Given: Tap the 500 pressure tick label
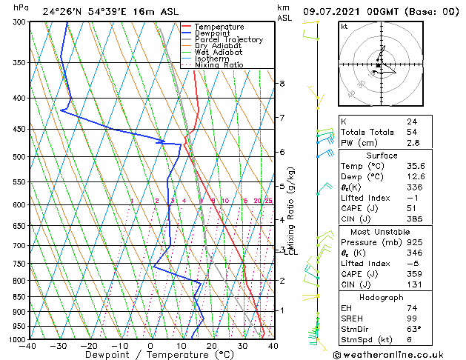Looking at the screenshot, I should (19, 157).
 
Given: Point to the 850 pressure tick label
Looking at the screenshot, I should (19, 297).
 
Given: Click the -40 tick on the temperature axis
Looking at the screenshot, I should (28, 346).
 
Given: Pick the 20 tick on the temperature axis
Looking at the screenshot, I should (212, 346).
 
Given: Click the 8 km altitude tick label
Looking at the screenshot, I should (282, 84).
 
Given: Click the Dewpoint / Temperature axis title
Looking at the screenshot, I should (150, 355).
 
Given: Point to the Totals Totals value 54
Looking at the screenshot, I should (412, 132).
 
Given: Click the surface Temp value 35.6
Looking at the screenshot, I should (416, 167).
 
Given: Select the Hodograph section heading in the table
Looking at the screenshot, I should (382, 297).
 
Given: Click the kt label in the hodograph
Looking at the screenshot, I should (344, 26).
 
